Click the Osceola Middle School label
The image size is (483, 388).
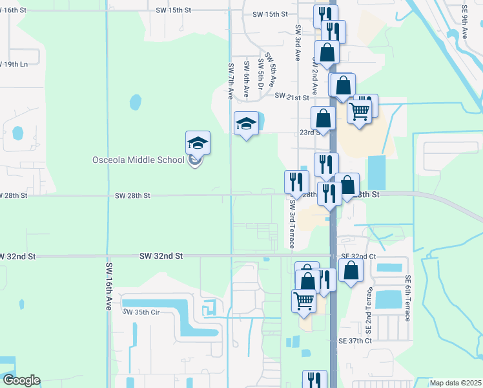[138, 160]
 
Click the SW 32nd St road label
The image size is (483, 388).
[161, 256]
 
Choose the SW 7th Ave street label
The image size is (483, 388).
[230, 81]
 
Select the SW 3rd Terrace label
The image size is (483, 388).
[291, 224]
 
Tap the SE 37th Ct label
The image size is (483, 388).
[356, 340]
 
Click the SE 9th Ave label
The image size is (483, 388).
[464, 23]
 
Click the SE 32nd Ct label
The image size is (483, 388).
[358, 257]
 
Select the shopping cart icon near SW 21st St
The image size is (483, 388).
[360, 110]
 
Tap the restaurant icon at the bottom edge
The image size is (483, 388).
[315, 380]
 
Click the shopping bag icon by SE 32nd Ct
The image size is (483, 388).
[350, 271]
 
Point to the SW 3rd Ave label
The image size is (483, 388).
[298, 43]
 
